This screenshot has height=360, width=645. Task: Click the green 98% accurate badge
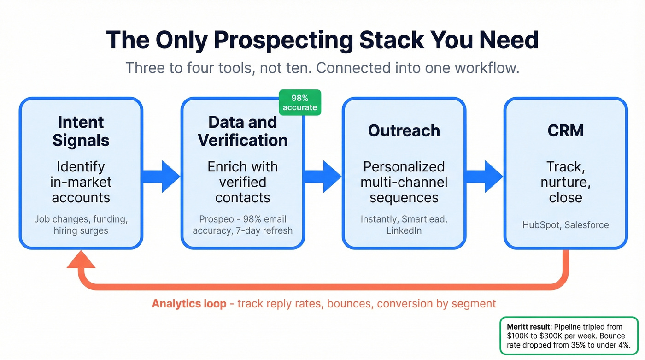(x=300, y=102)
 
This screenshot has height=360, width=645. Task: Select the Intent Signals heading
(x=81, y=131)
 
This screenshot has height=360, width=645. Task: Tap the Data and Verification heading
(x=243, y=131)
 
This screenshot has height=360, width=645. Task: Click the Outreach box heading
(x=404, y=130)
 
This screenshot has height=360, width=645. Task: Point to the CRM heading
(x=566, y=130)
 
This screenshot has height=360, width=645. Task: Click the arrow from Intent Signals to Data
(x=161, y=176)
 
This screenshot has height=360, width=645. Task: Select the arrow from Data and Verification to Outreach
(x=323, y=176)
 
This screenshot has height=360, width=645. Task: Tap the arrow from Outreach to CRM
(x=484, y=176)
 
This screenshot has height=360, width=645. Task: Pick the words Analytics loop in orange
(x=189, y=304)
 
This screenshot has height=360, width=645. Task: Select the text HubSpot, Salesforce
(x=565, y=225)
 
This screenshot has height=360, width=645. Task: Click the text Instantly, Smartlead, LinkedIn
(x=404, y=225)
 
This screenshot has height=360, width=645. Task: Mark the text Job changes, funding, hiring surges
(x=81, y=225)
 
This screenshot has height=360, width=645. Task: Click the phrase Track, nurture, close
(x=565, y=182)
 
